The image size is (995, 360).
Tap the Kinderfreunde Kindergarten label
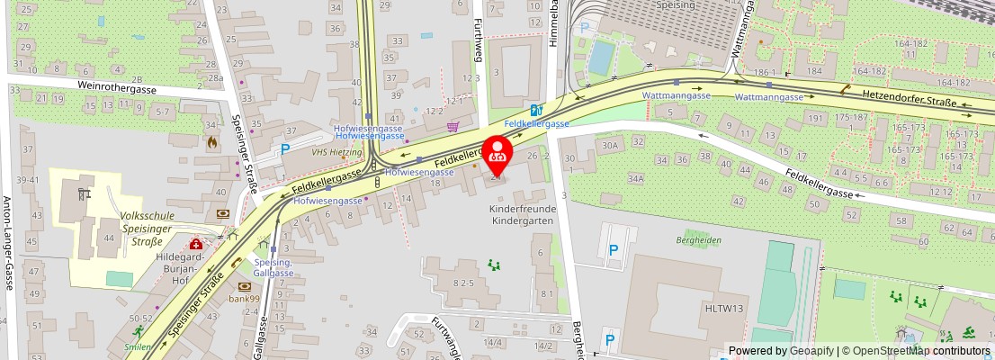pyautogui.click(x=523, y=215)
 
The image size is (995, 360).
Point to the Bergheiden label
pyautogui.click(x=699, y=240)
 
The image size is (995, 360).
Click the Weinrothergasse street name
pyautogui.click(x=117, y=90)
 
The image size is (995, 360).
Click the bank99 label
pyautogui.click(x=243, y=299)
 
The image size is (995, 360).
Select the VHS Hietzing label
pyautogui.click(x=330, y=153)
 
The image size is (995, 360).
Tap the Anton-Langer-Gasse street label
pyautogui.click(x=7, y=243)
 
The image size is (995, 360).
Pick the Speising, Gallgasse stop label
pyautogui.click(x=273, y=266)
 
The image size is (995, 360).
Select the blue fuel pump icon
pyautogui.click(x=537, y=109)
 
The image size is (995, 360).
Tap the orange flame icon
pyautogui.click(x=211, y=141)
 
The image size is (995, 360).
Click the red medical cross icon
pyautogui.click(x=195, y=244)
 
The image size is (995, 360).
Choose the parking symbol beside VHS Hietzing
pyautogui.click(x=285, y=149)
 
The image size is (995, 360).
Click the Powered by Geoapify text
pyautogui.click(x=780, y=351)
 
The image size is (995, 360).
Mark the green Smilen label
pyautogui.click(x=138, y=346)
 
